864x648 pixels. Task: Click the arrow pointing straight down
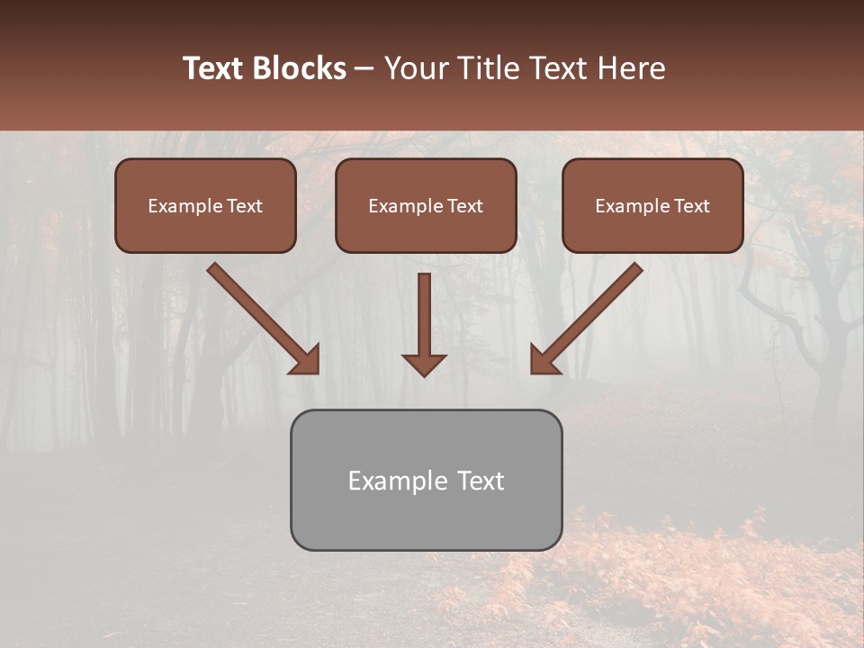coord(424,319)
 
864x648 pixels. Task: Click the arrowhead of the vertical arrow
coord(424,364)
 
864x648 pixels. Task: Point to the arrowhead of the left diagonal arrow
coord(306,360)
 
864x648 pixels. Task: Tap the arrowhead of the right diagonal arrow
coord(544,360)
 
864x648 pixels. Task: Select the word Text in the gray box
coord(480,481)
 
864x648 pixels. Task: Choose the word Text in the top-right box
coord(691,206)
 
